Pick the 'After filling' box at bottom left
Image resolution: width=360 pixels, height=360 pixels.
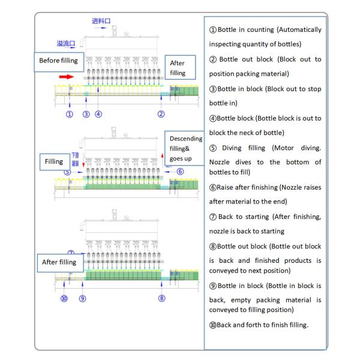click(x=59, y=262)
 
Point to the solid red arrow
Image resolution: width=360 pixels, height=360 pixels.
click(x=66, y=77)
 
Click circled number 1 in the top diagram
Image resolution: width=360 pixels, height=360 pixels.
click(x=70, y=114)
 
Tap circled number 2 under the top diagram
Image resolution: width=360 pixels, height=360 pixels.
click(x=161, y=114)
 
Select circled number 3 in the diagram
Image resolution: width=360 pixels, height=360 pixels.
click(x=86, y=114)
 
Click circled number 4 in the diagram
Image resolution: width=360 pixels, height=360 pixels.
click(x=98, y=114)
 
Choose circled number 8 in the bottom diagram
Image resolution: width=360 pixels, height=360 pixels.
click(x=161, y=298)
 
